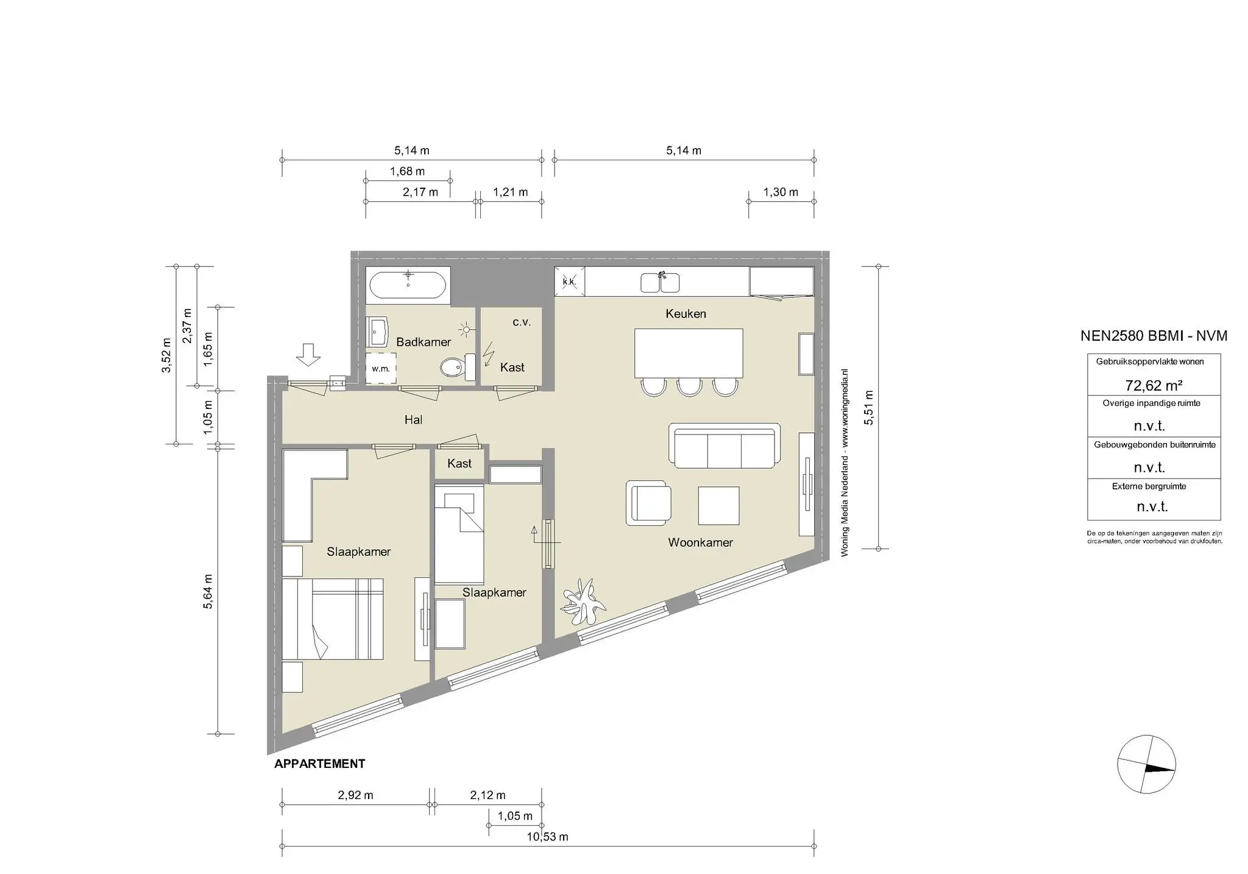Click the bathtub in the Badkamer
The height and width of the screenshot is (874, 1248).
point(408,285)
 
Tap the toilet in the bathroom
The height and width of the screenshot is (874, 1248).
point(458,367)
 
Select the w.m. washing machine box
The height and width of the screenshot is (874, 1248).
point(381,368)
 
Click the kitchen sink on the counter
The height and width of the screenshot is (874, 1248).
point(660,283)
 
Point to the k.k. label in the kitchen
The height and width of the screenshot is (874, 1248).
point(569,282)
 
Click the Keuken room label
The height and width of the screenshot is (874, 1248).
point(686,314)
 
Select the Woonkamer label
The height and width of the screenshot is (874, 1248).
point(700,542)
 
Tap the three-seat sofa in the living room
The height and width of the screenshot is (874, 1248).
point(725,446)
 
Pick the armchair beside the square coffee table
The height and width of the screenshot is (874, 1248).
point(648,503)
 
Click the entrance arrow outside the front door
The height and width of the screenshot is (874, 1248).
point(309,355)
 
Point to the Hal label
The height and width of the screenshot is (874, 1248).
point(413,420)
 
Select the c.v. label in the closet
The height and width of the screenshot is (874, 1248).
point(522,322)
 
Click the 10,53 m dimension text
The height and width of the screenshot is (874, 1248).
point(547,837)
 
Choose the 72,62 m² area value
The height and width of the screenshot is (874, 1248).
point(1154,385)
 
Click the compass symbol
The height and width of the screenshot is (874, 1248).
point(1146,764)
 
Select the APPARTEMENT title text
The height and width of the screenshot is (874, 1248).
point(320,764)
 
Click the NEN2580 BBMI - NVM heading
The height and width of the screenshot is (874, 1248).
point(1154,336)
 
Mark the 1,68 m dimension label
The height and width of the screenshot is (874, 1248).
point(408,171)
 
